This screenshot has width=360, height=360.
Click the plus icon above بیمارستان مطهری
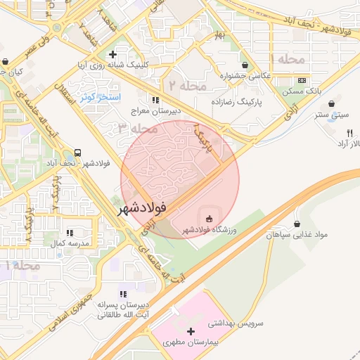coord(191,330)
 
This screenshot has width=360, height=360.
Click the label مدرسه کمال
coord(69,243)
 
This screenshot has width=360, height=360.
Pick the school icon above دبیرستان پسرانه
coord(124,293)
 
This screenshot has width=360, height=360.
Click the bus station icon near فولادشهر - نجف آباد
coord(76,153)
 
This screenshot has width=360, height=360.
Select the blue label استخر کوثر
coord(100,96)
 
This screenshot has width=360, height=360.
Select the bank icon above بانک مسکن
coord(302,80)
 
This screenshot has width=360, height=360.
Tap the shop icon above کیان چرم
coord(6,61)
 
